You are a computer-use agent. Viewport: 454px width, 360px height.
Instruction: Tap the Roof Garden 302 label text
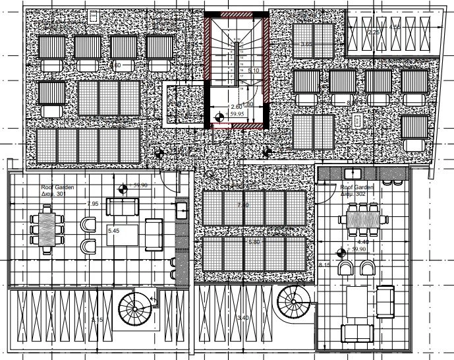(x=356, y=191)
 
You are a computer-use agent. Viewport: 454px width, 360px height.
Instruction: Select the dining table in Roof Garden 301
(x=47, y=228)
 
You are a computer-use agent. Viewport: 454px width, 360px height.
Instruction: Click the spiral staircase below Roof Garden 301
(x=135, y=310)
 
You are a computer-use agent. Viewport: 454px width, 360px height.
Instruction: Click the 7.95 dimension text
(x=93, y=204)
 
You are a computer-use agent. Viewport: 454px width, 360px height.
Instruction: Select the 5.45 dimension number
(x=114, y=232)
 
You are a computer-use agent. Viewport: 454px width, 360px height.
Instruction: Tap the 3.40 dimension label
(x=242, y=318)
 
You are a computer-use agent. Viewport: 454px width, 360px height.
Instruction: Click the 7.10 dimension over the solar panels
(x=242, y=206)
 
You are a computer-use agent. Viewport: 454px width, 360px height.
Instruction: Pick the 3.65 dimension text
(x=306, y=44)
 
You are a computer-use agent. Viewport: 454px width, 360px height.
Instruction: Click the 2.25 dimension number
(x=373, y=32)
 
